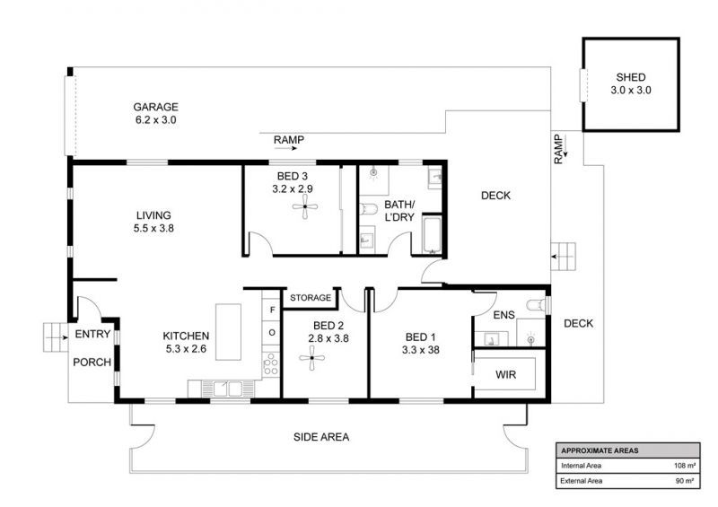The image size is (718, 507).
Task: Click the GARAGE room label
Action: coord(155,107)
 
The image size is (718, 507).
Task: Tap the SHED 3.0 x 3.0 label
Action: coord(631,83)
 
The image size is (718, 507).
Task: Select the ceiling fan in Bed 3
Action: coord(305,207)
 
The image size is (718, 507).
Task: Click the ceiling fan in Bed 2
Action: coord(311,358)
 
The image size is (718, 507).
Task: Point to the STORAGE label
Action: coord(311,298)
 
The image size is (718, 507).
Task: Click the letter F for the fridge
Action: coord(273,310)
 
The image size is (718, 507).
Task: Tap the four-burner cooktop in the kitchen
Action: coord(271,364)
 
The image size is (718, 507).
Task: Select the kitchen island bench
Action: coord(229,332)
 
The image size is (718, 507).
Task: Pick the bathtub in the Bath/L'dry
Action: coord(433,235)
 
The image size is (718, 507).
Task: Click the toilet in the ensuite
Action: coord(537,304)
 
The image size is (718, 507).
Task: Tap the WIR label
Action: coord(505,374)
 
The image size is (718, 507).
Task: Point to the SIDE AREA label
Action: coord(321,437)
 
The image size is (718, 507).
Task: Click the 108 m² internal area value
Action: coord(685,466)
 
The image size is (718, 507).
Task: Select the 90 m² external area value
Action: coord(685,481)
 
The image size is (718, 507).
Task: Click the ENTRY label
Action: coord(92,335)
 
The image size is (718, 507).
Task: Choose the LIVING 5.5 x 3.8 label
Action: coord(153,222)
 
